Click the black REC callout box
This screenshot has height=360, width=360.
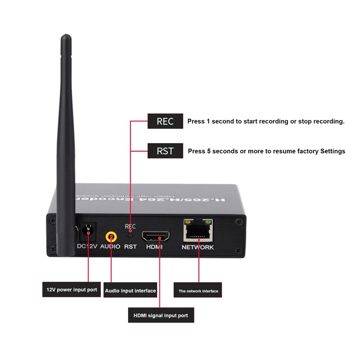[x=165, y=121]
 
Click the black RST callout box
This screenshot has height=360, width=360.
[x=165, y=151]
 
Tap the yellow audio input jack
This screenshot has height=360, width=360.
[x=111, y=236]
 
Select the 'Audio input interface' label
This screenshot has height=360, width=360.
[x=130, y=291]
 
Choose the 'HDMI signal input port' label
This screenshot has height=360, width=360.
[x=161, y=315]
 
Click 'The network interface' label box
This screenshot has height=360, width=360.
[x=198, y=291]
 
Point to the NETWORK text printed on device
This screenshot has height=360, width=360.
[x=198, y=247]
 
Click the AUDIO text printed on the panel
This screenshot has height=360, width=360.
[x=110, y=247]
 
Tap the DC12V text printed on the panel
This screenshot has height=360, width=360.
[x=87, y=247]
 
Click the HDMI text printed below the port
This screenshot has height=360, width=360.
[x=154, y=247]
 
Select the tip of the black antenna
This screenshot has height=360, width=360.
[x=66, y=37]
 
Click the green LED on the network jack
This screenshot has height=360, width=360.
[x=208, y=222]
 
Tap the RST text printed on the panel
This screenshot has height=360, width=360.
[x=130, y=247]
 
